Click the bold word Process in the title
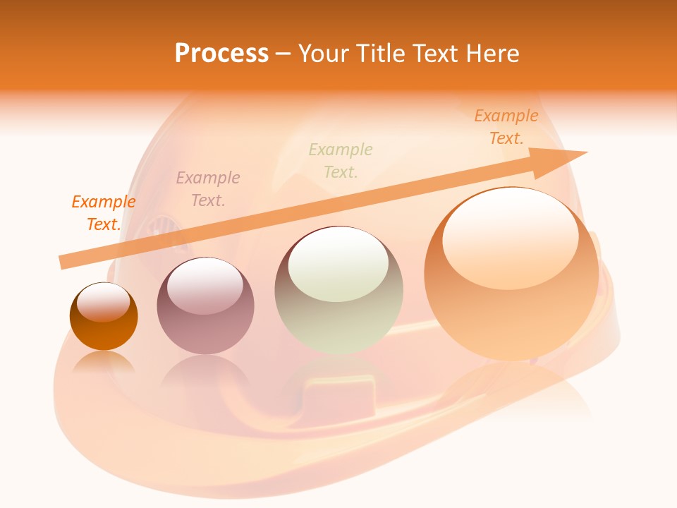(x=221, y=54)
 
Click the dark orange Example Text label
(x=104, y=213)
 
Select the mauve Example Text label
(x=208, y=189)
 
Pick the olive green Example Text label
(x=341, y=160)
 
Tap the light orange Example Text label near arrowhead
(x=506, y=127)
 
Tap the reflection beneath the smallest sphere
(x=104, y=363)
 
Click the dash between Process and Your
(x=283, y=54)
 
